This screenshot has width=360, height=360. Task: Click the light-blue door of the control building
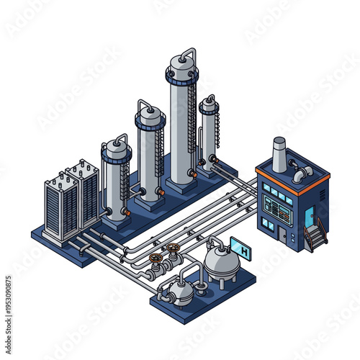pyautogui.click(x=309, y=216)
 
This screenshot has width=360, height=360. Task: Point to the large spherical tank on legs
pyautogui.click(x=221, y=263)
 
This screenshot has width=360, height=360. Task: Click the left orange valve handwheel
pyautogui.click(x=154, y=257)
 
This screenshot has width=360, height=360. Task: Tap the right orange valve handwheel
pyautogui.click(x=172, y=250)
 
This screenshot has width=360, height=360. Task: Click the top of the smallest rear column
pyautogui.click(x=209, y=104)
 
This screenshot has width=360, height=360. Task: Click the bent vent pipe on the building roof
pyautogui.click(x=300, y=173)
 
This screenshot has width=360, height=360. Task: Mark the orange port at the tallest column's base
pyautogui.click(x=192, y=174)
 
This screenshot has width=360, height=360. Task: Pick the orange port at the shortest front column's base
pyautogui.click(x=126, y=212)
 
